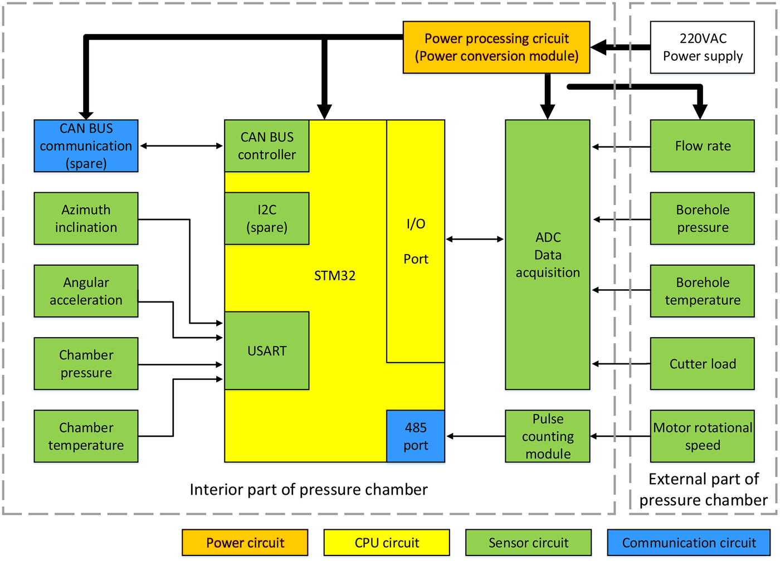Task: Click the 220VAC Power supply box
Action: pos(702,47)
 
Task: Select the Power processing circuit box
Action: pos(496,47)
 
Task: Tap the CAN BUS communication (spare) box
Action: pos(86,146)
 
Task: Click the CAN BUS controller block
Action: pos(267,146)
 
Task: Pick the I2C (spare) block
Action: pos(267,218)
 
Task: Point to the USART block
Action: pos(267,350)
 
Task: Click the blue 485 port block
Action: pos(416,436)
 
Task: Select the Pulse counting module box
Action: pos(547,436)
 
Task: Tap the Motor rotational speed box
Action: pos(702,436)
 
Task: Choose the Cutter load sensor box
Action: pos(702,364)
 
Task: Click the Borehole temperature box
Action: pos(702,291)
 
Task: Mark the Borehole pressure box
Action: pos(702,218)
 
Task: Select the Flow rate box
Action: pos(702,146)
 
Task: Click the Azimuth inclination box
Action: pos(86,218)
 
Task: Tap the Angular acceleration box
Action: pos(86,291)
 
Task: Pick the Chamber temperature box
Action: pos(86,436)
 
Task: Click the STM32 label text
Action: pos(335,276)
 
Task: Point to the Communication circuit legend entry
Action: pos(689,543)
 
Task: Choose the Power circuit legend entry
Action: pos(245,543)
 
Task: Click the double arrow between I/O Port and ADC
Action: pos(475,239)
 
